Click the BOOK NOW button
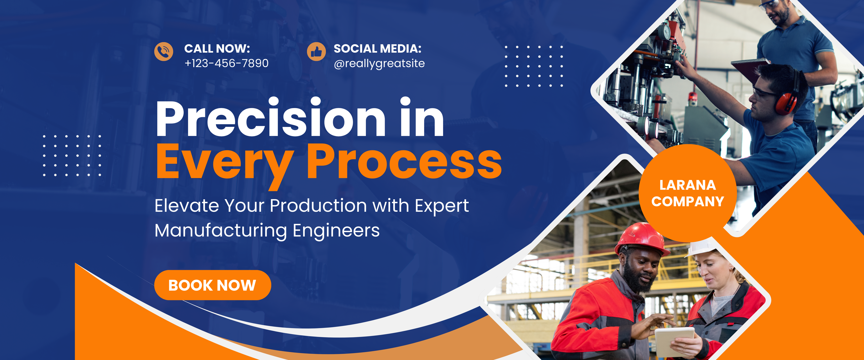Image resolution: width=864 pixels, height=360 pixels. coord(213,285)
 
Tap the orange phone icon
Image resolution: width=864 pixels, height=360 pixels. coord(164,52)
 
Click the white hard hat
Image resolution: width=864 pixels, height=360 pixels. coord(701,247)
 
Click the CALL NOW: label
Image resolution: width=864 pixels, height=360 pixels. coord(217,49)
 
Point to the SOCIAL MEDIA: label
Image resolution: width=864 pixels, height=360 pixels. coord(377,49)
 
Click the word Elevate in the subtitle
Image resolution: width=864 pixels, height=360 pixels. coord(187,205)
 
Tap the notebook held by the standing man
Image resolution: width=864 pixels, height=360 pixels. coord(750,69)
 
